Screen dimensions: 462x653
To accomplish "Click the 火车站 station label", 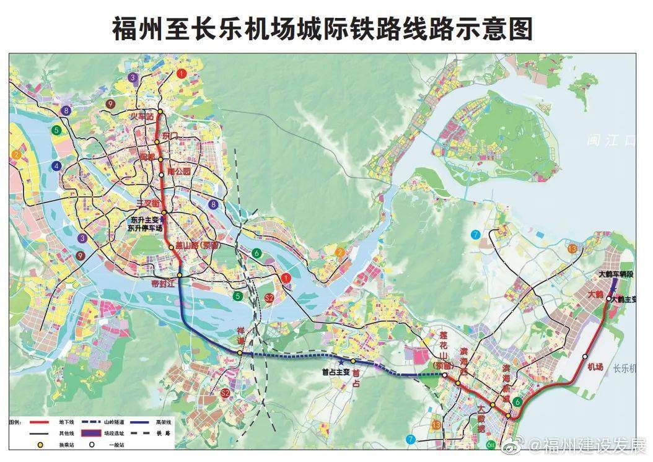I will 140,116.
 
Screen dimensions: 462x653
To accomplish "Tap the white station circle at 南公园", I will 162,175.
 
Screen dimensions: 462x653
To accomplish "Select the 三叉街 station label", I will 148,204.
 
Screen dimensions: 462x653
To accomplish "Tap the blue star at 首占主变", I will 339,362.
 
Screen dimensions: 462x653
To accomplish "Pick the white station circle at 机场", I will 585,356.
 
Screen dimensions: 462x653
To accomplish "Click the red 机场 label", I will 595,367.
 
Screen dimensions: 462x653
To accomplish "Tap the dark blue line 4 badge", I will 57,165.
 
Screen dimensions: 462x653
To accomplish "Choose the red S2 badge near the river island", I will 269,299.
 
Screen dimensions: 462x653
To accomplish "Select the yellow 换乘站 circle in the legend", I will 41,445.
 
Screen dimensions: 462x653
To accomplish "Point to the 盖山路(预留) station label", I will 197,246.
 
